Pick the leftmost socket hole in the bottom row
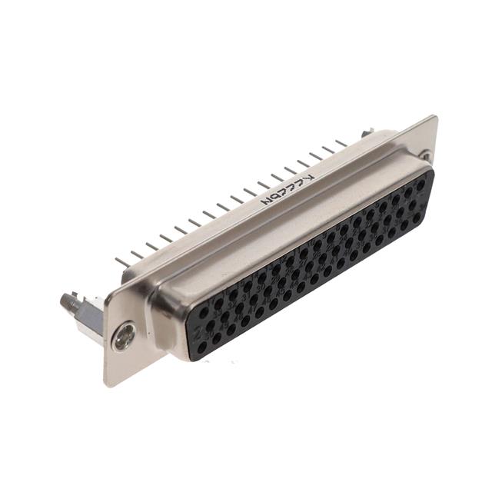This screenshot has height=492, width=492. pyautogui.click(x=202, y=347)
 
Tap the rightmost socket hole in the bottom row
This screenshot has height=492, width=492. pyautogui.click(x=416, y=218)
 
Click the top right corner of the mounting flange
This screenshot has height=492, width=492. pyautogui.click(x=435, y=117)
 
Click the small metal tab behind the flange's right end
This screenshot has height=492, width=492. pyautogui.click(x=367, y=132)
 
